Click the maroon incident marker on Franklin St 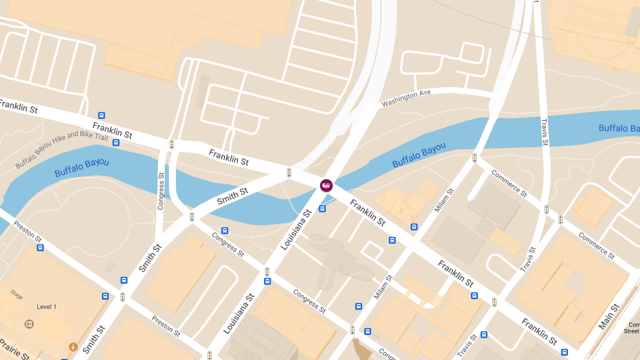(x=326, y=185)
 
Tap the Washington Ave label (x=406, y=97)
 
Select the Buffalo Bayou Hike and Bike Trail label (x=61, y=149)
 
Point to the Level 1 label (x=46, y=307)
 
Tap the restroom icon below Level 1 (x=29, y=324)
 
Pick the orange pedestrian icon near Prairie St (x=73, y=347)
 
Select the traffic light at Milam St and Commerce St (x=474, y=158)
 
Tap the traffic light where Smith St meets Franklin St (x=289, y=173)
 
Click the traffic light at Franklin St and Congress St (x=172, y=144)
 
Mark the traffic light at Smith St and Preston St (x=122, y=297)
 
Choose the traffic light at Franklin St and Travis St (x=494, y=302)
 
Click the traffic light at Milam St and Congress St (x=352, y=330)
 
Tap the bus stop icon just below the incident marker (x=322, y=209)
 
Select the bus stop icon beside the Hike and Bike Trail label (x=116, y=142)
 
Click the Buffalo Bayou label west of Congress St (x=82, y=167)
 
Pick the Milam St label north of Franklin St (x=444, y=200)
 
